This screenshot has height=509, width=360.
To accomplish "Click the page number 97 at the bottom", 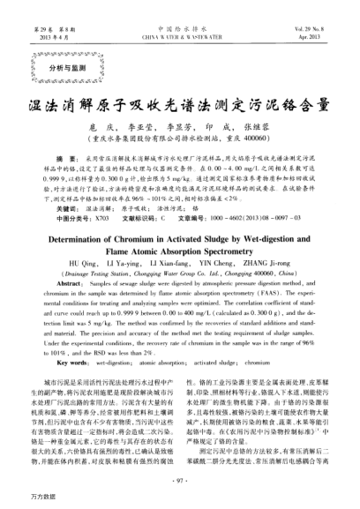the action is (x=179, y=480).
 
